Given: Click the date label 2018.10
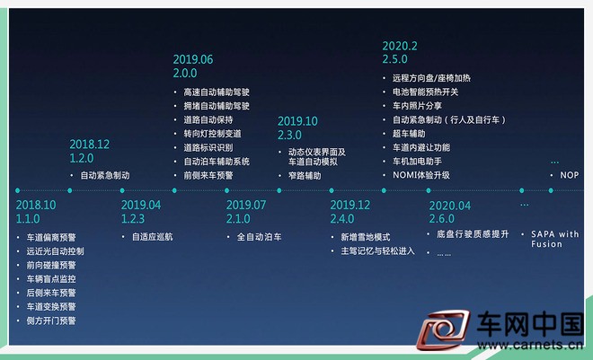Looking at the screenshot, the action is click(x=36, y=205).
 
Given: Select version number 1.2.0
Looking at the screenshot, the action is click(x=81, y=158).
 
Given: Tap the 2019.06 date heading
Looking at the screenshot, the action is click(x=193, y=59).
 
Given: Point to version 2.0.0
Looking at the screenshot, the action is click(x=185, y=73).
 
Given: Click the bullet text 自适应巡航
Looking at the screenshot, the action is click(x=152, y=237).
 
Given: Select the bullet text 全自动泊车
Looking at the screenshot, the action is click(x=259, y=237).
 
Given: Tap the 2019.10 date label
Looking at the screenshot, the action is click(x=297, y=121).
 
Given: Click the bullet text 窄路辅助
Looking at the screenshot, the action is click(x=305, y=176).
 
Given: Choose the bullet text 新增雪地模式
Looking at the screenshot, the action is click(x=366, y=237).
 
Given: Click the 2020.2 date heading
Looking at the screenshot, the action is click(x=400, y=46).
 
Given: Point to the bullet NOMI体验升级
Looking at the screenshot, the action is click(x=420, y=175).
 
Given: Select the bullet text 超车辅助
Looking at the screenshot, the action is click(x=409, y=134).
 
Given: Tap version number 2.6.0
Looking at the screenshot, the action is click(x=442, y=219).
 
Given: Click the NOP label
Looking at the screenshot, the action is click(x=569, y=175).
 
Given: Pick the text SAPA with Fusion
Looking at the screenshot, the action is click(x=554, y=239).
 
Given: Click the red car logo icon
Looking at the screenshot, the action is click(x=443, y=329).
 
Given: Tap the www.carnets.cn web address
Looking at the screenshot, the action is click(x=530, y=345).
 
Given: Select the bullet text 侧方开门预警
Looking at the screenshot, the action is click(x=51, y=320).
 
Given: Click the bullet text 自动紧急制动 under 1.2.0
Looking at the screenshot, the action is click(x=105, y=175).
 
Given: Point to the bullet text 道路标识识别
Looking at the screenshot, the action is click(x=208, y=148).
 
